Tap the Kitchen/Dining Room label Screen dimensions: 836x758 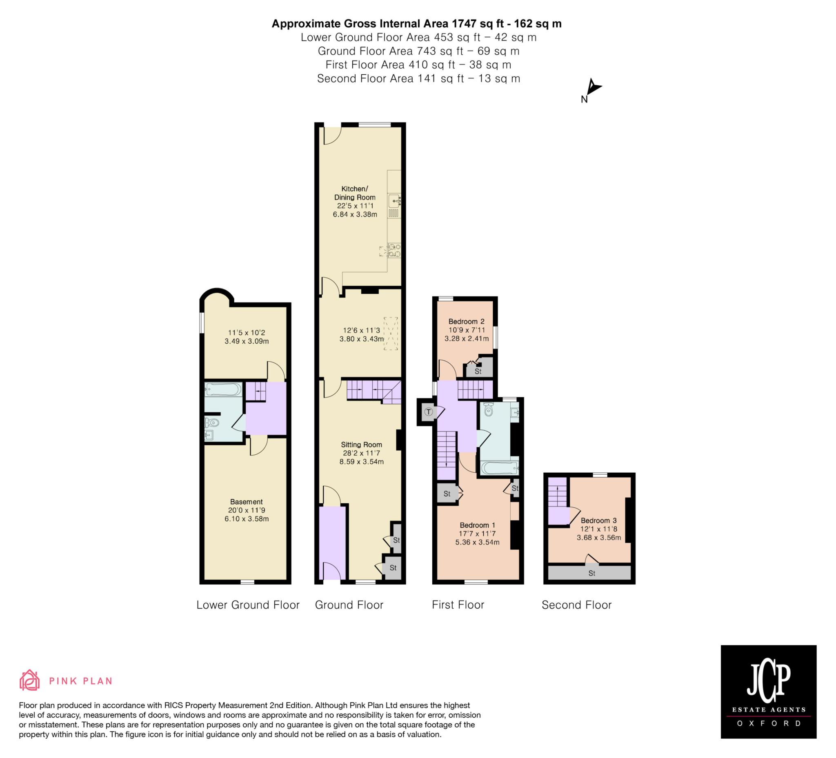tap(355, 193)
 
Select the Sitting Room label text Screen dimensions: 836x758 tap(361, 445)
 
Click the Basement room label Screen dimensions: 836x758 tap(246, 502)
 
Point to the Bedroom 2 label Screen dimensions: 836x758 tap(467, 321)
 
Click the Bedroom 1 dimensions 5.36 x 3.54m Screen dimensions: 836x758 tap(477, 542)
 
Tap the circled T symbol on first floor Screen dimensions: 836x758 tap(429, 412)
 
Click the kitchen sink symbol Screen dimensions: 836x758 tap(394, 202)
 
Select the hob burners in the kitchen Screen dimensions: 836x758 tap(394, 251)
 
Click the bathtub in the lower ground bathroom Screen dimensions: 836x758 tap(223, 389)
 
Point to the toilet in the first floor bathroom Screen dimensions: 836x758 tap(488, 410)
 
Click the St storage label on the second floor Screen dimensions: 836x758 tap(592, 574)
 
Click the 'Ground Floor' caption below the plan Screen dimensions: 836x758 tap(349, 605)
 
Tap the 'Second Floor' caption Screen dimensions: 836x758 tap(576, 605)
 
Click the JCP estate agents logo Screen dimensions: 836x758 tap(768, 691)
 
